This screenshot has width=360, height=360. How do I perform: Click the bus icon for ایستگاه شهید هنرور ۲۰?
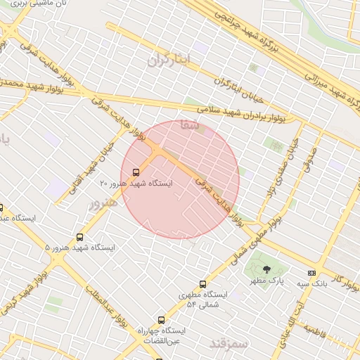pyautogui.click(x=136, y=171)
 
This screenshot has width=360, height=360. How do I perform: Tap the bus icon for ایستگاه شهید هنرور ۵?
pyautogui.click(x=79, y=238)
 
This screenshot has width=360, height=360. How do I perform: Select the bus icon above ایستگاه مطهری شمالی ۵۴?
pyautogui.click(x=202, y=285)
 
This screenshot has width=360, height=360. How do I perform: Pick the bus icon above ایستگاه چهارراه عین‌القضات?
pyautogui.click(x=162, y=320)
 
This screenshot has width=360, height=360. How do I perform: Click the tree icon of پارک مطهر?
pyautogui.click(x=266, y=269)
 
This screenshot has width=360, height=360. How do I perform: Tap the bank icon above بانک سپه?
pyautogui.click(x=312, y=273)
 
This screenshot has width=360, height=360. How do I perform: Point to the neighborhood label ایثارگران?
pyautogui.click(x=169, y=60)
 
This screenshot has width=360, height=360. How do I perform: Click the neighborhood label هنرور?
pyautogui.click(x=101, y=204)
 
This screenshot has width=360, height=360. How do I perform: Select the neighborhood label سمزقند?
pyautogui.click(x=230, y=343)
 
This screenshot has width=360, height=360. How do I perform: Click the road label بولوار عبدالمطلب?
pyautogui.click(x=108, y=310)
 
